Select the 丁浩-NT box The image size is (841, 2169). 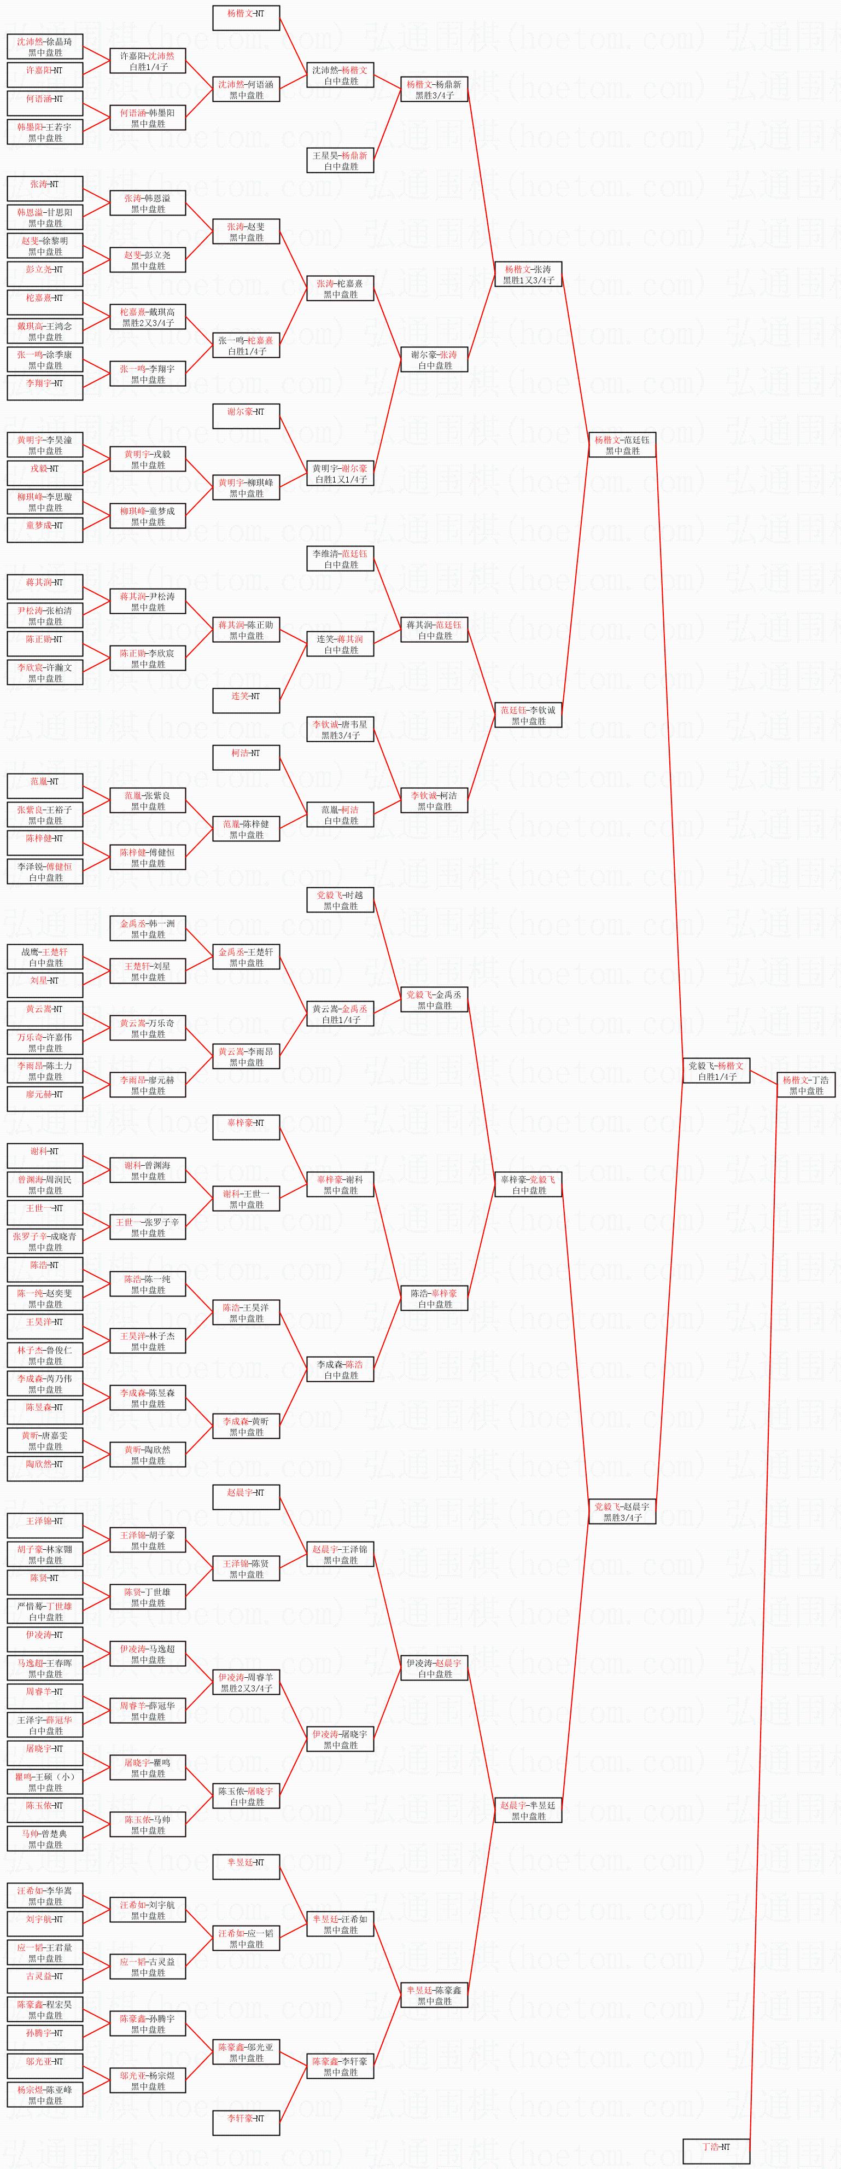pyautogui.click(x=716, y=2146)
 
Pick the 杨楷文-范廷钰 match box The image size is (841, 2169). pyautogui.click(x=622, y=445)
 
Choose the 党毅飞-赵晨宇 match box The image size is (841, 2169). pyautogui.click(x=622, y=1511)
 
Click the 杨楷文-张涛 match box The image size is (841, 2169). pyautogui.click(x=529, y=275)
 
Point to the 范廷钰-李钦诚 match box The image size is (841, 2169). pyautogui.click(x=529, y=715)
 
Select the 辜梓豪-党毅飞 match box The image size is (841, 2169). pyautogui.click(x=529, y=1185)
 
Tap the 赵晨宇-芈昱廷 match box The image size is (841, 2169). pyautogui.click(x=529, y=1810)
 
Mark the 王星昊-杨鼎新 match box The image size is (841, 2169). pyautogui.click(x=340, y=160)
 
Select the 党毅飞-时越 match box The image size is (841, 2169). pyautogui.click(x=340, y=900)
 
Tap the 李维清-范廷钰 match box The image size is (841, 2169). pyautogui.click(x=340, y=558)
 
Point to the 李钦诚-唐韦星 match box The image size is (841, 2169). pyautogui.click(x=340, y=729)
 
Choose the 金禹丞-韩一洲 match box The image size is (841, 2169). pyautogui.click(x=148, y=929)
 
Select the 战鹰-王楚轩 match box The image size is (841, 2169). pyautogui.click(x=45, y=957)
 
